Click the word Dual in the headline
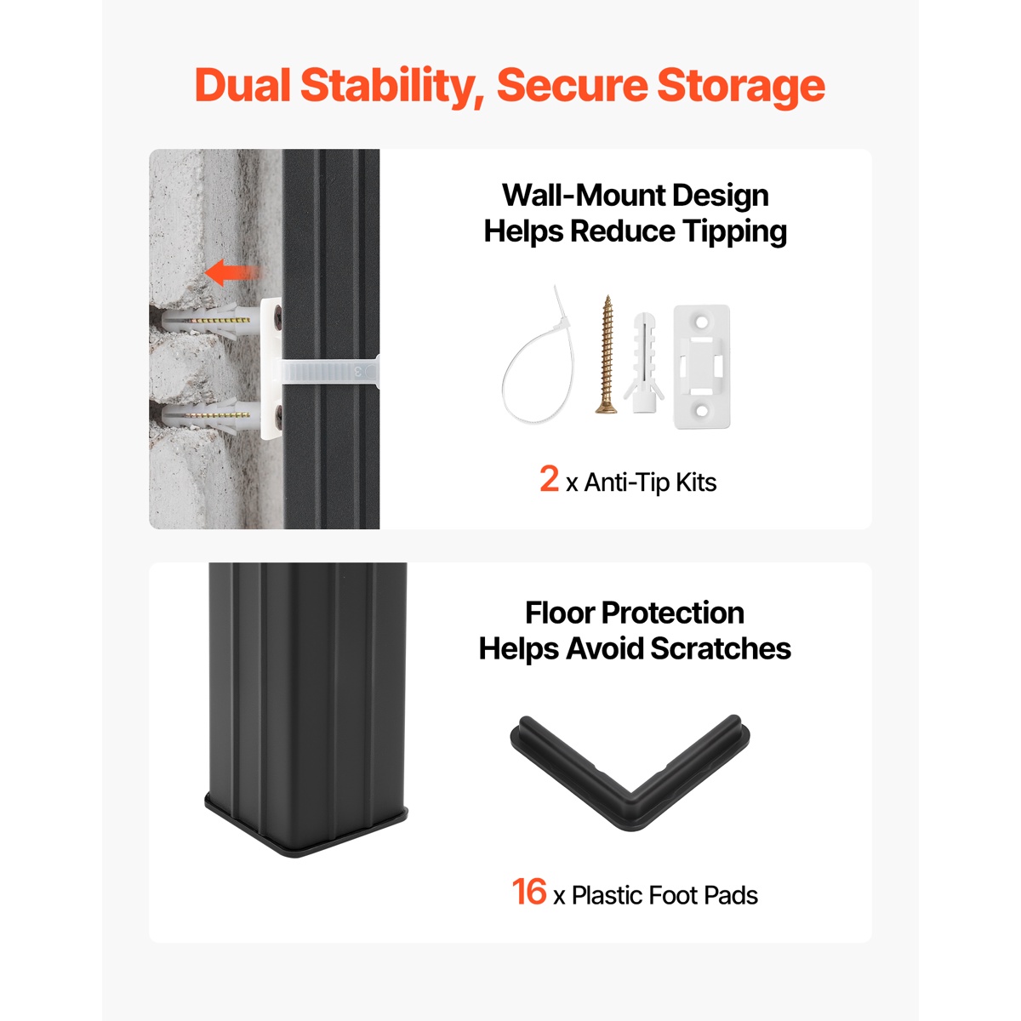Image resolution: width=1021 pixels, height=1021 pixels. coord(242,85)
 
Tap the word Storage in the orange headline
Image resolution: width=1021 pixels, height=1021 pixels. coord(741,88)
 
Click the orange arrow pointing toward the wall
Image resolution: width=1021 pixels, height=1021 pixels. coord(231,273)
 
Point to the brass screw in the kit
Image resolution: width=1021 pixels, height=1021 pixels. coord(606,354)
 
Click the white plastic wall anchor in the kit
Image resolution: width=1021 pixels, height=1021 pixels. coord(644,362)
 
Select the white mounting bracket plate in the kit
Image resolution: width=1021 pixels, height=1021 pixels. coord(701,366)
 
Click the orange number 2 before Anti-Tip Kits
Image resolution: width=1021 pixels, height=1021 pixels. coord(549,479)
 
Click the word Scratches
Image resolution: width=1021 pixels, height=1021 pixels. coord(721,648)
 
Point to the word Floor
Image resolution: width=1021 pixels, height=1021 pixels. coord(559,613)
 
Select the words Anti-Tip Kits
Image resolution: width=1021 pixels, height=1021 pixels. coord(650,482)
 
